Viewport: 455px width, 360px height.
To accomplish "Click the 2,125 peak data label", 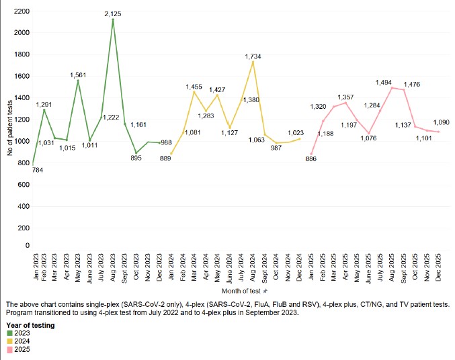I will point(112,13).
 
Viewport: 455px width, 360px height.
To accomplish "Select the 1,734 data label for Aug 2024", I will point(254,56).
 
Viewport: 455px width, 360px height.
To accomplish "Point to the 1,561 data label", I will point(78,75).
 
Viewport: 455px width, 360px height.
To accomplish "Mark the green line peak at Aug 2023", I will point(112,19).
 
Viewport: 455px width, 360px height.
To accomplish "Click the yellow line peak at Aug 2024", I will point(253,62).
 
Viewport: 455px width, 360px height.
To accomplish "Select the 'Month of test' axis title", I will point(243,291).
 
